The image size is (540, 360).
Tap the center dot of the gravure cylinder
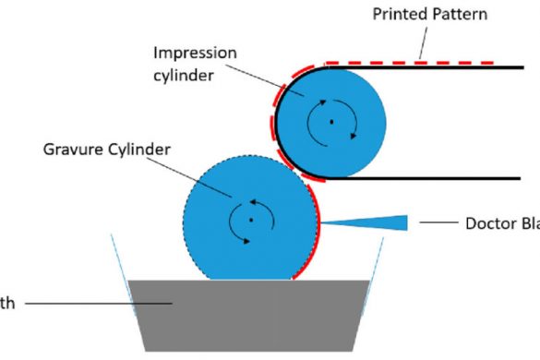[250, 220]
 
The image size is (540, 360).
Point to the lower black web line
[425, 177]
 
